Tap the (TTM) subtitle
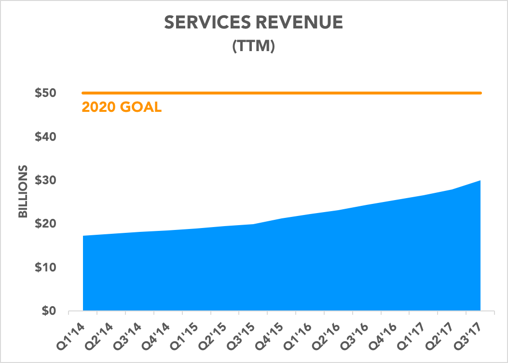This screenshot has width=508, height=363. pos(253,47)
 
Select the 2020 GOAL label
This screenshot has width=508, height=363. pos(122,107)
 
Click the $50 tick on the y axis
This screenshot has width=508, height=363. pos(45,93)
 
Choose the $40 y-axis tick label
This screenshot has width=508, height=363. pos(45,137)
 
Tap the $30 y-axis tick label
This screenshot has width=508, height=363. pos(45,180)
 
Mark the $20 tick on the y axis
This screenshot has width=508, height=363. pos(45,224)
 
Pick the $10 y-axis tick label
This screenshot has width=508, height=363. pos(45,268)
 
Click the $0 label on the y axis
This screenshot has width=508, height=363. pos(48,311)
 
